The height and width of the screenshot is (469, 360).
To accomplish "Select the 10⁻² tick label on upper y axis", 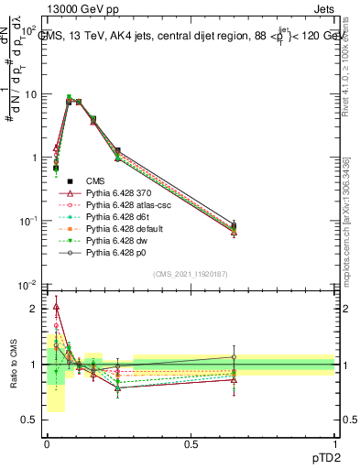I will click(27, 285).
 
